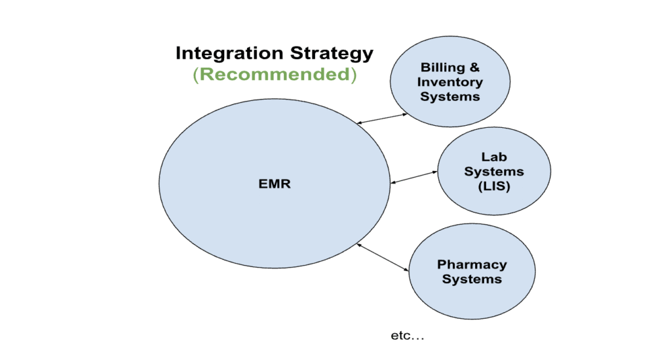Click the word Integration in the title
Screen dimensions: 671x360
pyautogui.click(x=229, y=54)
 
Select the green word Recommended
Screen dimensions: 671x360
pyautogui.click(x=275, y=74)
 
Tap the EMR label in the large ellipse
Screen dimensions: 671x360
pyautogui.click(x=275, y=184)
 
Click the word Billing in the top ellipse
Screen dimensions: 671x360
pyautogui.click(x=442, y=68)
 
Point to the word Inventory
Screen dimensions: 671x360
pyautogui.click(x=450, y=82)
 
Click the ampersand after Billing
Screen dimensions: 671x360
pyautogui.click(x=474, y=67)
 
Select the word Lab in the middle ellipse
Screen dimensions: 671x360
pyautogui.click(x=494, y=157)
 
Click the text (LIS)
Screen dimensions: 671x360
pyautogui.click(x=494, y=186)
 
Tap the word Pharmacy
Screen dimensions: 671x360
pyautogui.click(x=472, y=265)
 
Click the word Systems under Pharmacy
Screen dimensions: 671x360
pyautogui.click(x=472, y=279)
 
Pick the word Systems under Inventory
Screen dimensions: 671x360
pyautogui.click(x=450, y=97)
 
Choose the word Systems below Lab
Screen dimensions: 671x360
pyautogui.click(x=494, y=172)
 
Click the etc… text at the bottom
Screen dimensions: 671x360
pyautogui.click(x=408, y=336)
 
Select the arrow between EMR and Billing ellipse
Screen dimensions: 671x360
pyautogui.click(x=382, y=119)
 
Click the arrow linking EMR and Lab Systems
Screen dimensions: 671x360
pyautogui.click(x=414, y=177)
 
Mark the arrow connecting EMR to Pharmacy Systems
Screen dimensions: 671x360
pyautogui.click(x=383, y=257)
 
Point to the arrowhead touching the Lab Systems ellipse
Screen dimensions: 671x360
pyautogui.click(x=435, y=172)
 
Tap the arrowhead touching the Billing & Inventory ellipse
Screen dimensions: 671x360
pyautogui.click(x=405, y=114)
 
